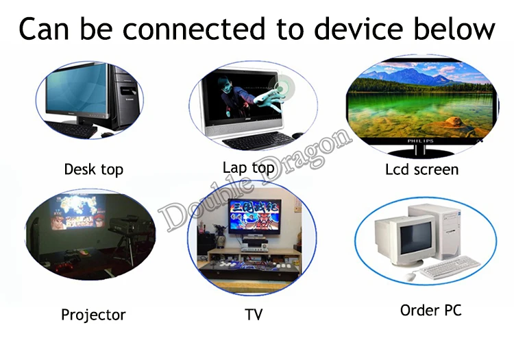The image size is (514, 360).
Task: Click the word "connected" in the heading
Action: [x=193, y=29]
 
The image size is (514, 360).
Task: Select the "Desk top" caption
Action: [x=94, y=170]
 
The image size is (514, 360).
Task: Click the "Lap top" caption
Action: [x=249, y=168]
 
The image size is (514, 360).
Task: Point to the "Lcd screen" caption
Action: [x=422, y=170]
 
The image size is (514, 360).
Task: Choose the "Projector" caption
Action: [x=93, y=315]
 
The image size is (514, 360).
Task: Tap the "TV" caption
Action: [x=254, y=315]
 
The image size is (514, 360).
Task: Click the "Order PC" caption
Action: [x=431, y=311]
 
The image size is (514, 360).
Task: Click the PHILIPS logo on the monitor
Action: [x=421, y=141]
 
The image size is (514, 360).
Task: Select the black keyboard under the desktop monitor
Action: [x=72, y=129]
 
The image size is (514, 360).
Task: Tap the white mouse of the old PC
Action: [x=410, y=276]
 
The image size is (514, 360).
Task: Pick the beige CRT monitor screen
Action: [x=415, y=237]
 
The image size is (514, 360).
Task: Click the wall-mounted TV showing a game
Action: [x=254, y=216]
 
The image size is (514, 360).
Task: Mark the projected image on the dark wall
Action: [x=78, y=212]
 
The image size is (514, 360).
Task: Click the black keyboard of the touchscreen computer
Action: [x=258, y=141]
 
